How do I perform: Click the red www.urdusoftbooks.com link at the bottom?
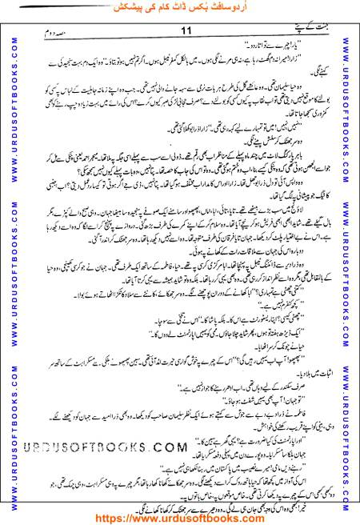coord(181,516)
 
